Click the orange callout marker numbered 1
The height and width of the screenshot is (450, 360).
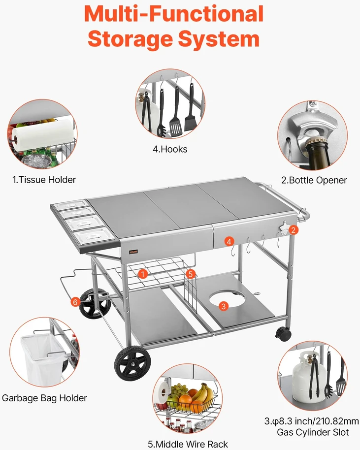coord(143,274)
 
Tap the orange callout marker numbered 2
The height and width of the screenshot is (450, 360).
coord(294,230)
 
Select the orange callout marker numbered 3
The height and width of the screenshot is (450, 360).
coord(224,306)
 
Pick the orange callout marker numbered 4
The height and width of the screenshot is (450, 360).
coord(229,241)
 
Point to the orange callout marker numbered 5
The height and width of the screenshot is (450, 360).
coord(190,274)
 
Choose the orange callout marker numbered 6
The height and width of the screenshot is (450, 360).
coord(75,302)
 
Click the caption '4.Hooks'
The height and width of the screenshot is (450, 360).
coord(170,149)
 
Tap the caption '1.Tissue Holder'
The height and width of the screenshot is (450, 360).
coord(44,180)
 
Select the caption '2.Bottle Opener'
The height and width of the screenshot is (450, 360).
coord(314,180)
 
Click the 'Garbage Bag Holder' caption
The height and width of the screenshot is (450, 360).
coord(44,398)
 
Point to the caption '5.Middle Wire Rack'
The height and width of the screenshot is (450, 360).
coord(188,444)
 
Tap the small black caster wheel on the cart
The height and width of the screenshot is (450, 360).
coord(283,334)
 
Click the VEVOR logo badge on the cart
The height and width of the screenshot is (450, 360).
coord(133,252)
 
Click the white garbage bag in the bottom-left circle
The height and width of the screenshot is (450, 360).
coord(43,360)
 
